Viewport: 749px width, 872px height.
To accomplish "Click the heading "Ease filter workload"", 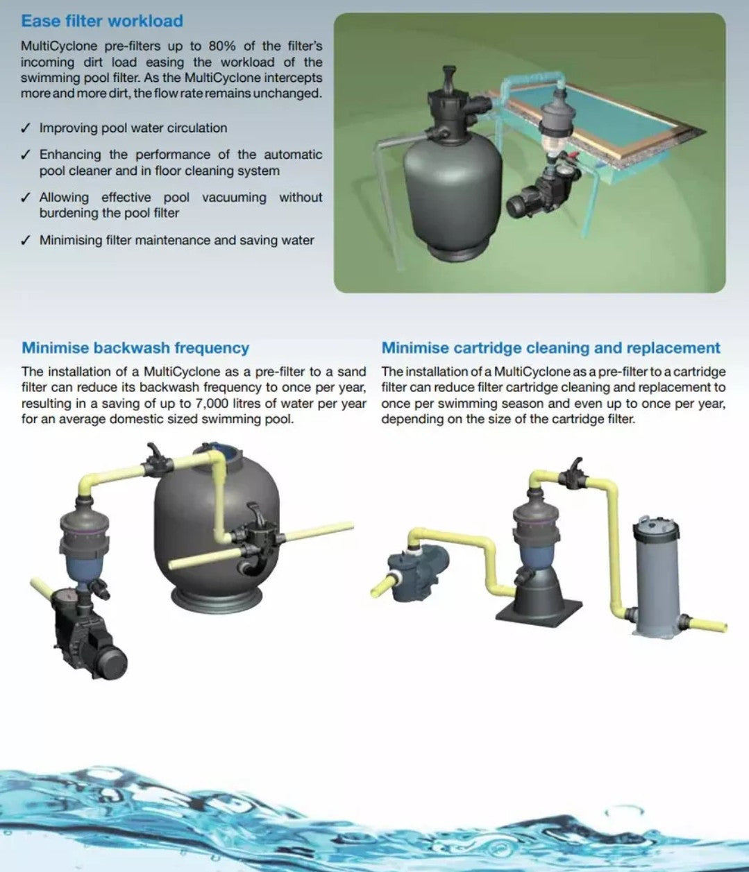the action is (102, 21).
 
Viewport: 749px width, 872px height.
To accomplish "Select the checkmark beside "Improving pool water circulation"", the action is (26, 128).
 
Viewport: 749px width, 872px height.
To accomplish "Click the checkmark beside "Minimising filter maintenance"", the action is (26, 240).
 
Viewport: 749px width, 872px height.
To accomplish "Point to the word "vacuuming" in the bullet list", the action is (234, 198).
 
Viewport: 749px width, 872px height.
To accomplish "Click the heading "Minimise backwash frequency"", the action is (135, 348).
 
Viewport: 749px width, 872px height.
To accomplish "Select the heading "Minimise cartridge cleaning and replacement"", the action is (550, 348).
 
